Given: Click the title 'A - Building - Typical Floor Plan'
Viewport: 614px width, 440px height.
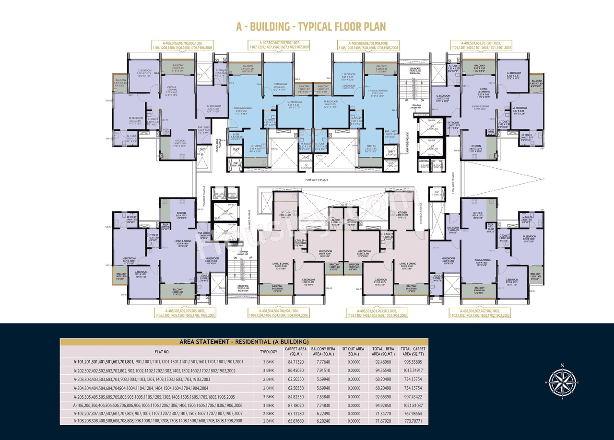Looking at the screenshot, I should click(x=310, y=26).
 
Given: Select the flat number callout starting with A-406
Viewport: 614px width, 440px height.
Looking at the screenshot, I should click(x=182, y=45).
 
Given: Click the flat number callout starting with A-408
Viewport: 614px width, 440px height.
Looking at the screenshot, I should click(x=368, y=45).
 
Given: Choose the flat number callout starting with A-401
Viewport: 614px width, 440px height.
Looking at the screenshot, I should click(x=481, y=45).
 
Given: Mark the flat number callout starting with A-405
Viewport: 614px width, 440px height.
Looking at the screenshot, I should click(x=185, y=313).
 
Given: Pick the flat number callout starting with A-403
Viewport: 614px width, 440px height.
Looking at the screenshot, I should click(x=377, y=313).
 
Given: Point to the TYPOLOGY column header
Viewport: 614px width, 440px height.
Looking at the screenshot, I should click(x=269, y=351).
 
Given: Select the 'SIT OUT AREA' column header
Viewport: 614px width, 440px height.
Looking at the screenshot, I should click(x=353, y=351).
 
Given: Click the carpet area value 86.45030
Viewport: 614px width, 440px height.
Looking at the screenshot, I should click(x=296, y=371).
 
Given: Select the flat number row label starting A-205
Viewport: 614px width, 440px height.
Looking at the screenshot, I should click(x=154, y=397).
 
